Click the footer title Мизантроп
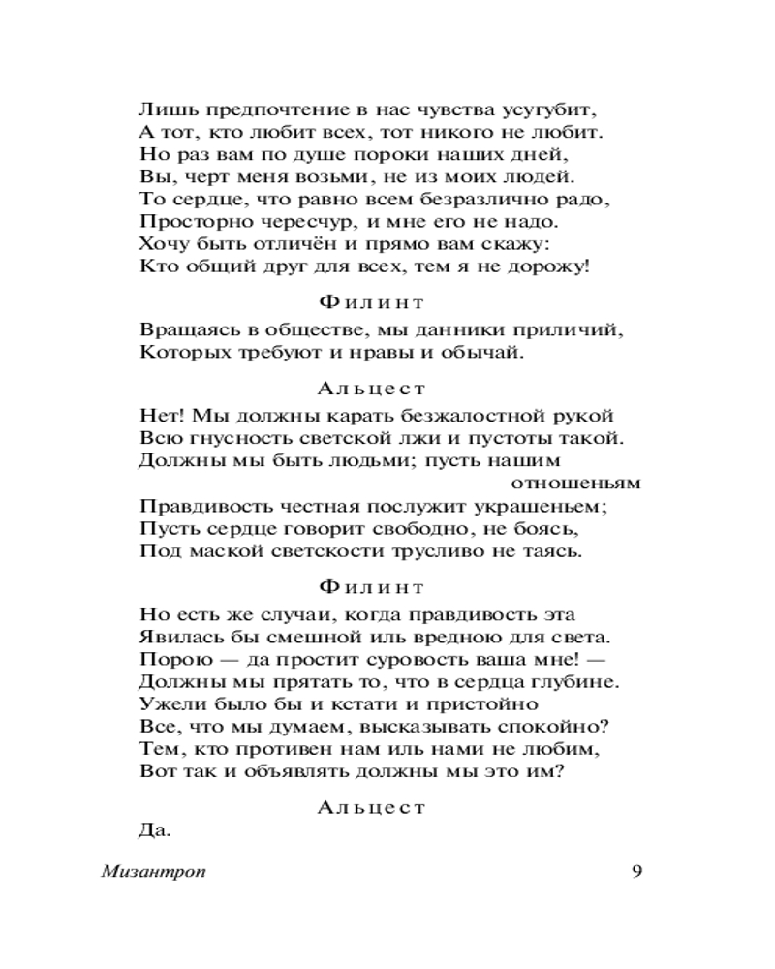[153, 872]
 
